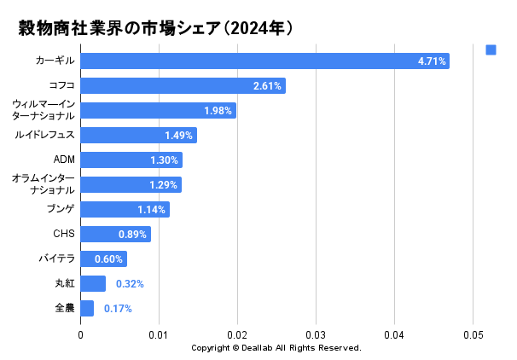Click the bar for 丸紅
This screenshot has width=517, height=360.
[x=93, y=283]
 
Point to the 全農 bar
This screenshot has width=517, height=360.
[x=87, y=308]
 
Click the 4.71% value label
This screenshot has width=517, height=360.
[x=432, y=61]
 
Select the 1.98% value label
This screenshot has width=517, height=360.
[x=218, y=111]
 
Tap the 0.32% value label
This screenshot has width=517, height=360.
[x=130, y=284]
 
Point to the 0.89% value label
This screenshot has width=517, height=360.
[x=132, y=235]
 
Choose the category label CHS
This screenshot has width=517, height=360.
[x=64, y=234]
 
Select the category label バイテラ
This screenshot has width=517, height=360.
[x=56, y=258]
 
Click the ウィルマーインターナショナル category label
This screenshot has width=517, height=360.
[x=44, y=110]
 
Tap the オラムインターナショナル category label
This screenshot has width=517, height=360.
[x=44, y=184]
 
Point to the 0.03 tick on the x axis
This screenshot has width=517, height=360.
[x=316, y=335]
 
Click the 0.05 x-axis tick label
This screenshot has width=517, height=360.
[x=473, y=335]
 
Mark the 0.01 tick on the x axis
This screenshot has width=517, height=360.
[x=159, y=335]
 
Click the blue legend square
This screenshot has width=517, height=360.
[x=491, y=49]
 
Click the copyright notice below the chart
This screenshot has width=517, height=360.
[x=276, y=348]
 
